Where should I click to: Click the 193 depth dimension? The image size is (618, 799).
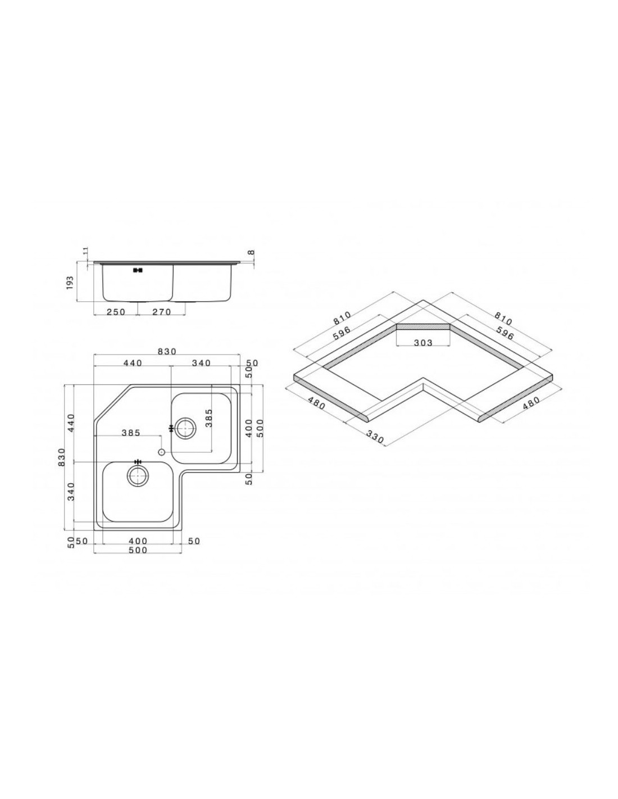coord(70,283)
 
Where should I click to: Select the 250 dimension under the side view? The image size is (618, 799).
coord(116,312)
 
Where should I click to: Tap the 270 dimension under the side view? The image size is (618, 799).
coord(162,312)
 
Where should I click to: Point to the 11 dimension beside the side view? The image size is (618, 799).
coord(85,252)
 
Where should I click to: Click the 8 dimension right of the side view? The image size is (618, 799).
coord(251,253)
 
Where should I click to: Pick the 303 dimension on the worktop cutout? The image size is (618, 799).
coord(423,343)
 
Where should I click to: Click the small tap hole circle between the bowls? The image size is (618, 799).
coord(161,452)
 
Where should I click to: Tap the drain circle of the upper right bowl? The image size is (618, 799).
coord(185,428)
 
